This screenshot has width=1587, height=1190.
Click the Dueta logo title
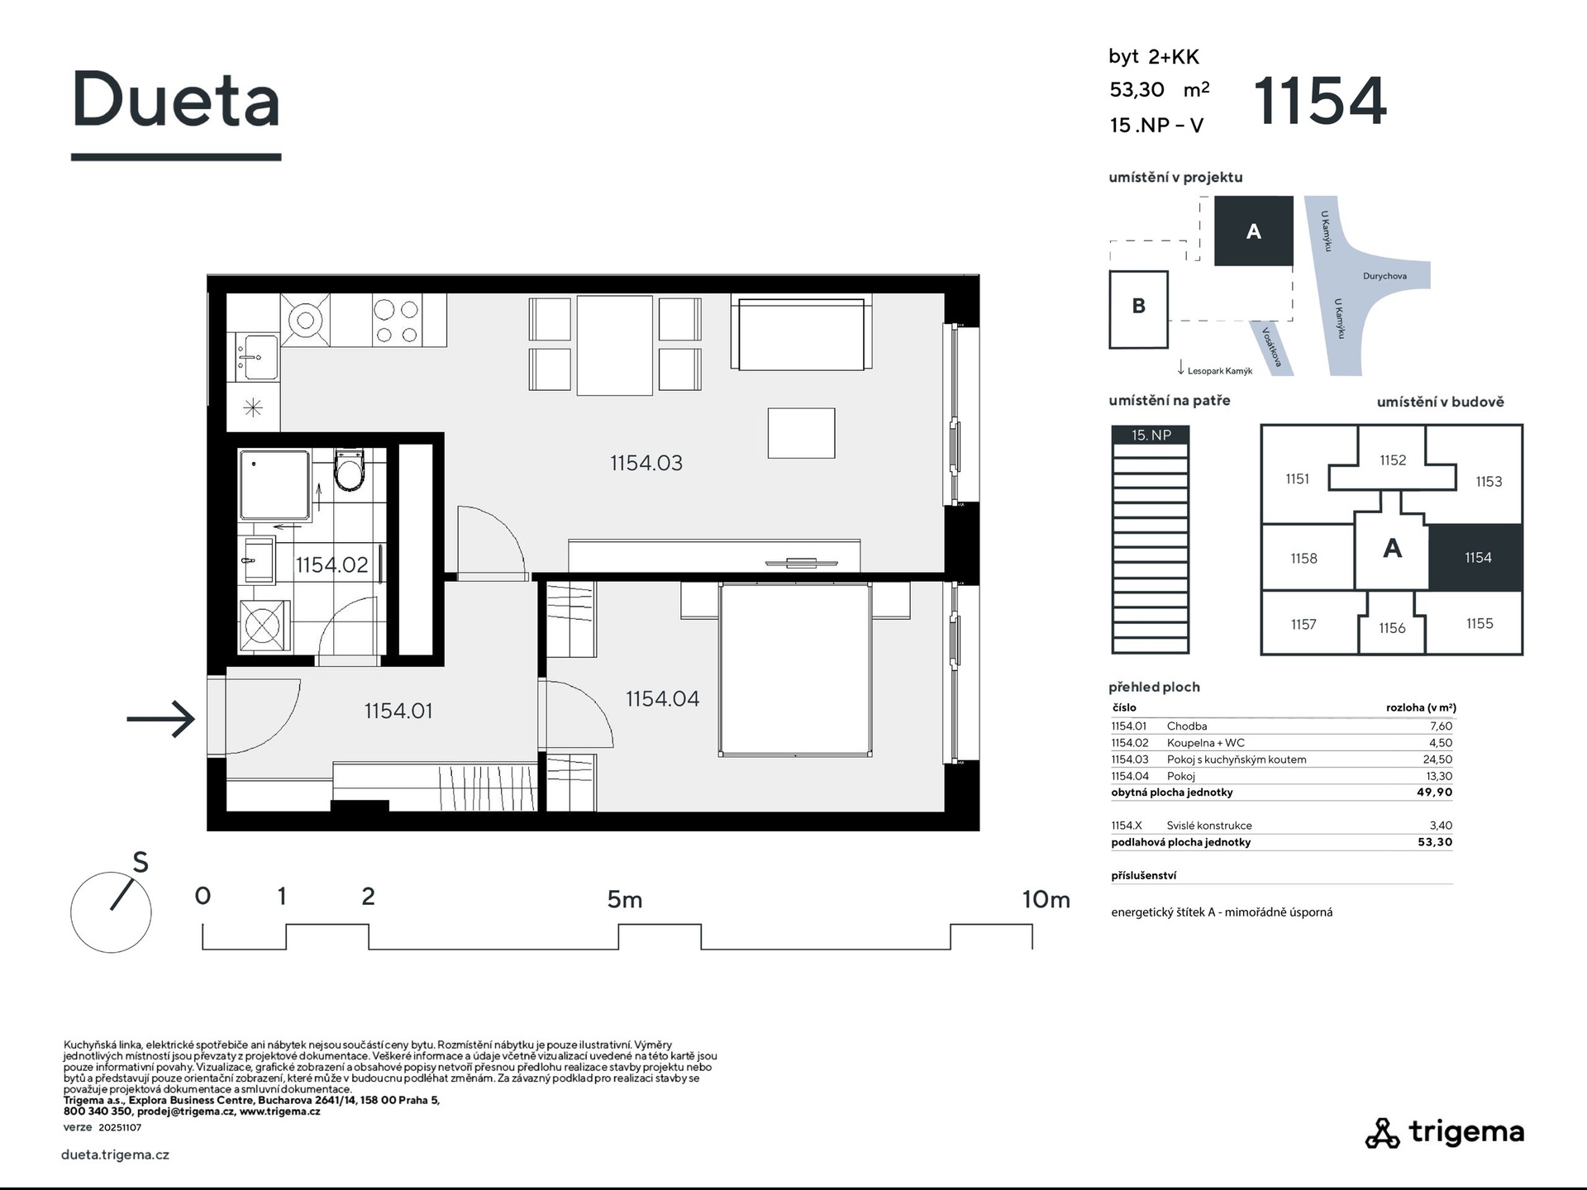[x=176, y=99]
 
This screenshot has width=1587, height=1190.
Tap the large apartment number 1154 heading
[x=1319, y=101]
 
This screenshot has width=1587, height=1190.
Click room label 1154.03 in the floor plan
[x=646, y=463]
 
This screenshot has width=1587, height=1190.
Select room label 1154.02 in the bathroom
[x=331, y=564]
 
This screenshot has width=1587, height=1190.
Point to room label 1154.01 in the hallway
[x=398, y=711]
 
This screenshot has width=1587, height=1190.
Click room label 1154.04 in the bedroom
[x=662, y=699]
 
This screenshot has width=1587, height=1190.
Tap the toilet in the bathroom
[x=349, y=470]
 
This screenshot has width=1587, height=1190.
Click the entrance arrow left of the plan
[x=160, y=719]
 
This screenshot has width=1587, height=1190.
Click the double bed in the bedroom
[x=795, y=669]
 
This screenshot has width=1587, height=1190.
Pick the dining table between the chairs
[x=615, y=345]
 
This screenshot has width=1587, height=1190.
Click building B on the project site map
[x=1138, y=309]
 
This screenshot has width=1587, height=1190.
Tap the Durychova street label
[x=1384, y=276]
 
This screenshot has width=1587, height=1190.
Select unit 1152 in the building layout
[x=1393, y=460]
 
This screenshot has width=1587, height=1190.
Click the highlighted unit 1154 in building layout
[x=1476, y=558]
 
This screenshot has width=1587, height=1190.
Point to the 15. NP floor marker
[x=1151, y=435]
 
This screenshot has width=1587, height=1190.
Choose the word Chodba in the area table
[x=1187, y=726]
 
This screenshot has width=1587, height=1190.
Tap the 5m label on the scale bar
[x=625, y=899]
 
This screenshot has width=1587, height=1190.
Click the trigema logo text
[x=1466, y=1132]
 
